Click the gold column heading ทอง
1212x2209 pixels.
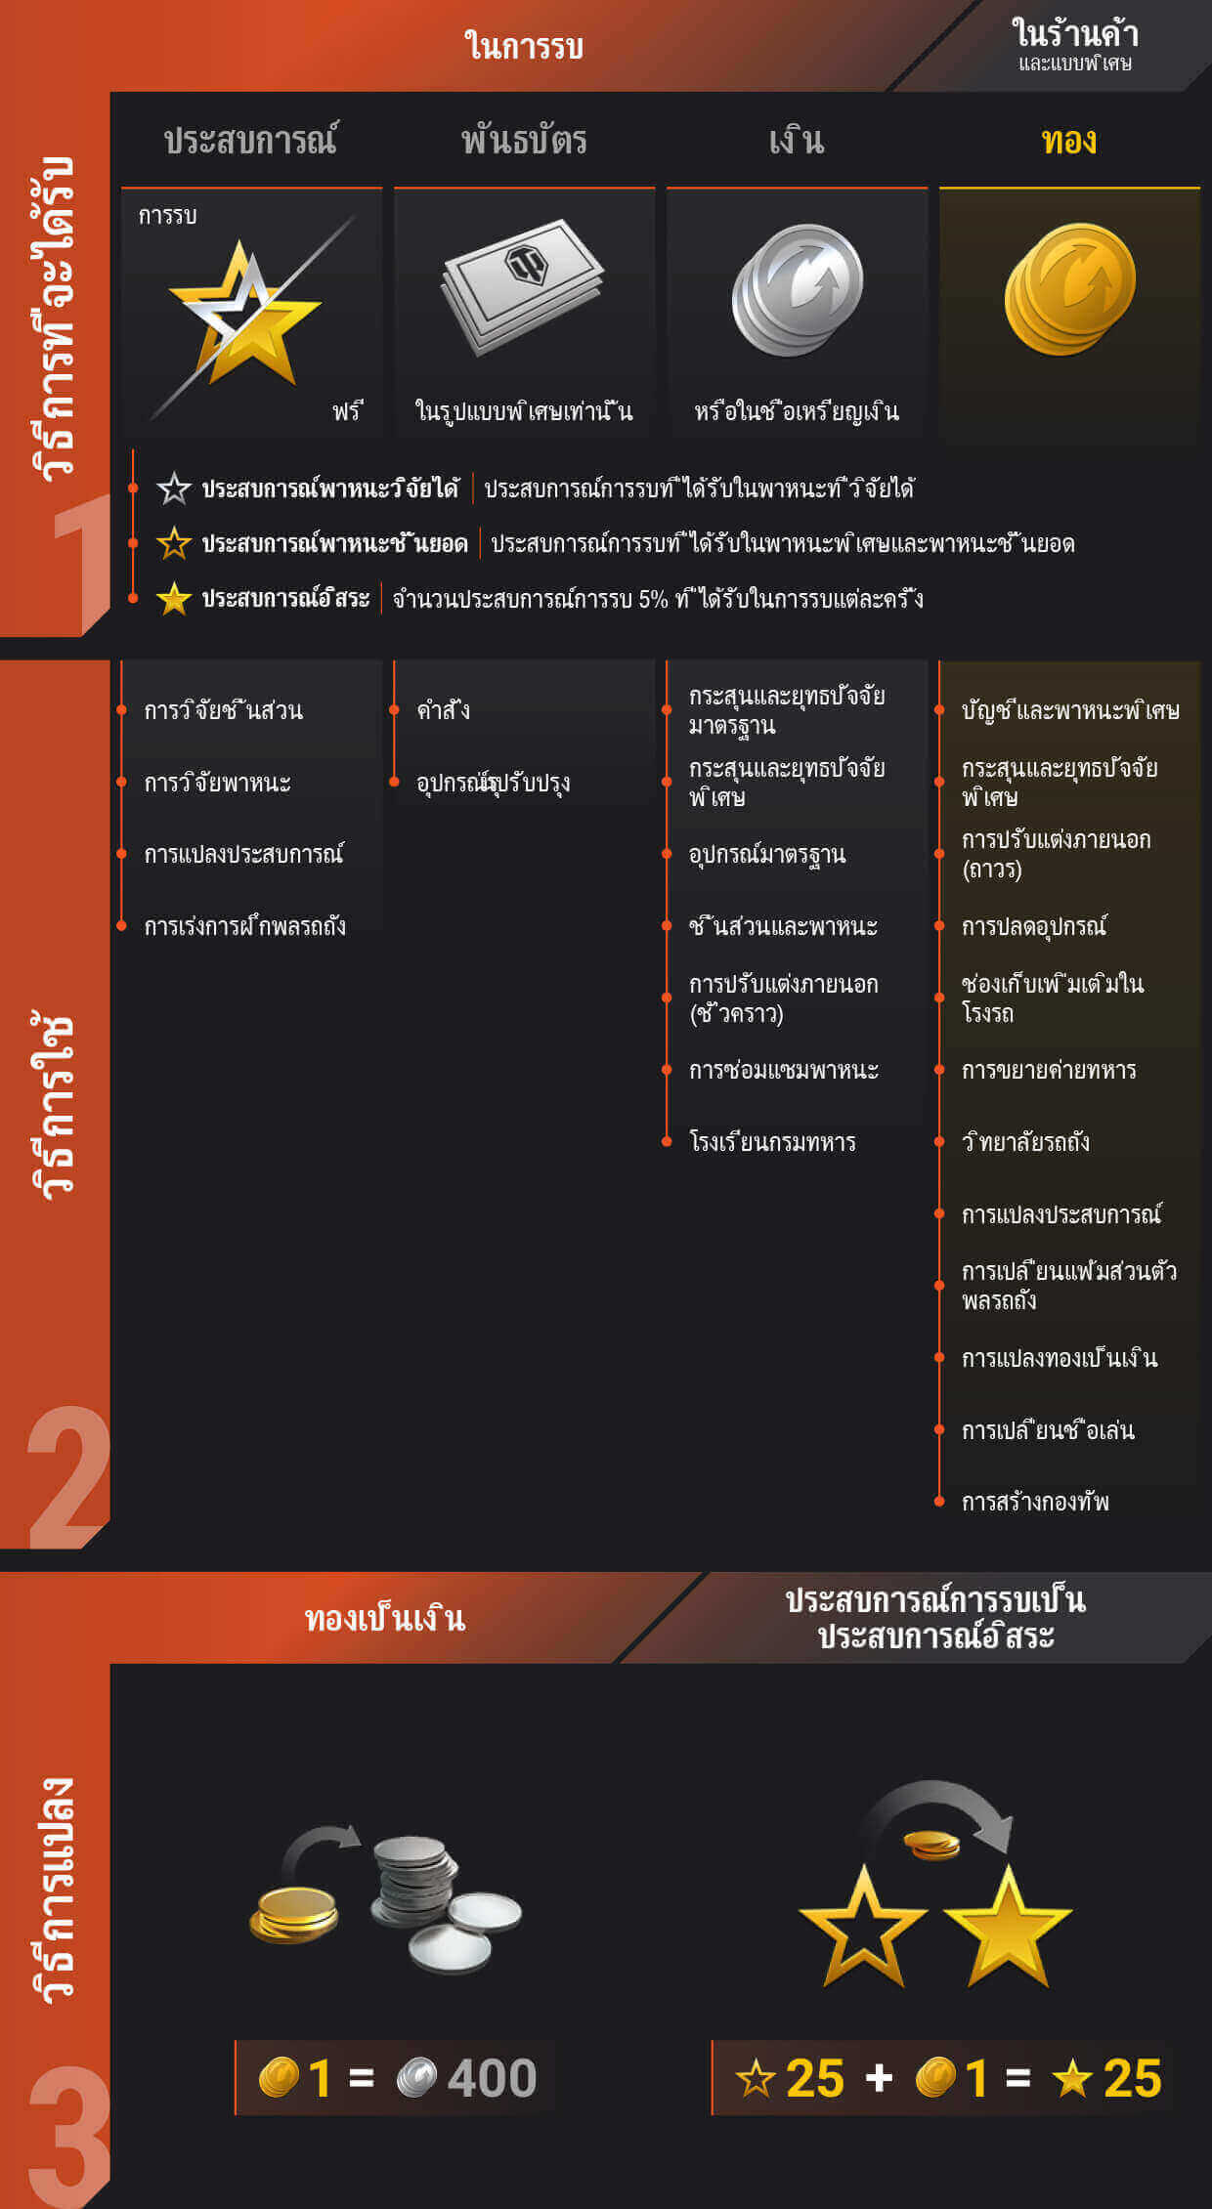tap(1069, 142)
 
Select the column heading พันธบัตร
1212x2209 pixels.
tap(524, 142)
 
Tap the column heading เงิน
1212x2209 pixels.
tap(797, 142)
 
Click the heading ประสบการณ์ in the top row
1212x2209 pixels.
tap(251, 140)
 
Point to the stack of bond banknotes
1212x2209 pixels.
tap(523, 284)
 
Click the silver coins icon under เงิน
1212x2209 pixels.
tap(797, 290)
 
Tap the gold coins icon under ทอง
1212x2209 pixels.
tap(1069, 289)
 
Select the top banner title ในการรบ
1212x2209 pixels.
tap(524, 46)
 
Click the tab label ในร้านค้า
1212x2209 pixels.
tap(1075, 33)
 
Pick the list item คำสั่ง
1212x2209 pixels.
tap(443, 710)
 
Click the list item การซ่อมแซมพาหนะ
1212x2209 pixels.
tap(783, 1070)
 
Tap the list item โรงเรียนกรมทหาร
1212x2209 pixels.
tap(772, 1142)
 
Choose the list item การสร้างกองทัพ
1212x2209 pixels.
tap(1035, 1502)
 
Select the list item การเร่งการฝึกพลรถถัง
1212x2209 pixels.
tap(244, 925)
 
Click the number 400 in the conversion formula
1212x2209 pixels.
tap(492, 2078)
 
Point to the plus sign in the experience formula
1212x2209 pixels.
tap(879, 2078)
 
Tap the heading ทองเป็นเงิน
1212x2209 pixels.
tap(385, 1619)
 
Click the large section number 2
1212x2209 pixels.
tap(67, 1477)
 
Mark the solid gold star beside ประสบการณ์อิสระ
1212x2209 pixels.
tap(174, 599)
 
